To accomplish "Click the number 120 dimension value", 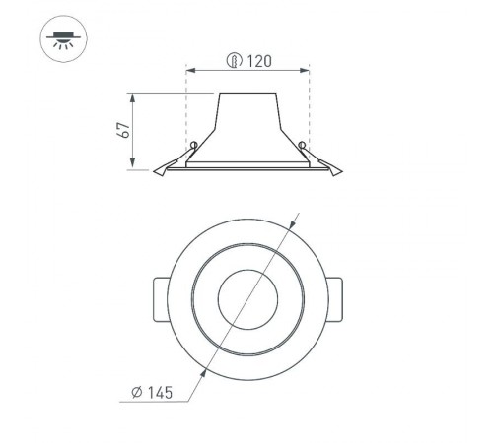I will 258,60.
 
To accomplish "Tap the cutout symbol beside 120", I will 235,60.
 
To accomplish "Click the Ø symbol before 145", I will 136,393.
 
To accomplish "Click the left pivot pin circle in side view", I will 194,147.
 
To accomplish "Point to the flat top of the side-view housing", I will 247,95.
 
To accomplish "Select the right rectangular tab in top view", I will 335,295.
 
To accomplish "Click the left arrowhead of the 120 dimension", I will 189,70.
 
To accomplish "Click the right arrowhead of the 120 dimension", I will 308,70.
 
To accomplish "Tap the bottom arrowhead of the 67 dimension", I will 132,166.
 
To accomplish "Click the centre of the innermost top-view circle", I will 246,295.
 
